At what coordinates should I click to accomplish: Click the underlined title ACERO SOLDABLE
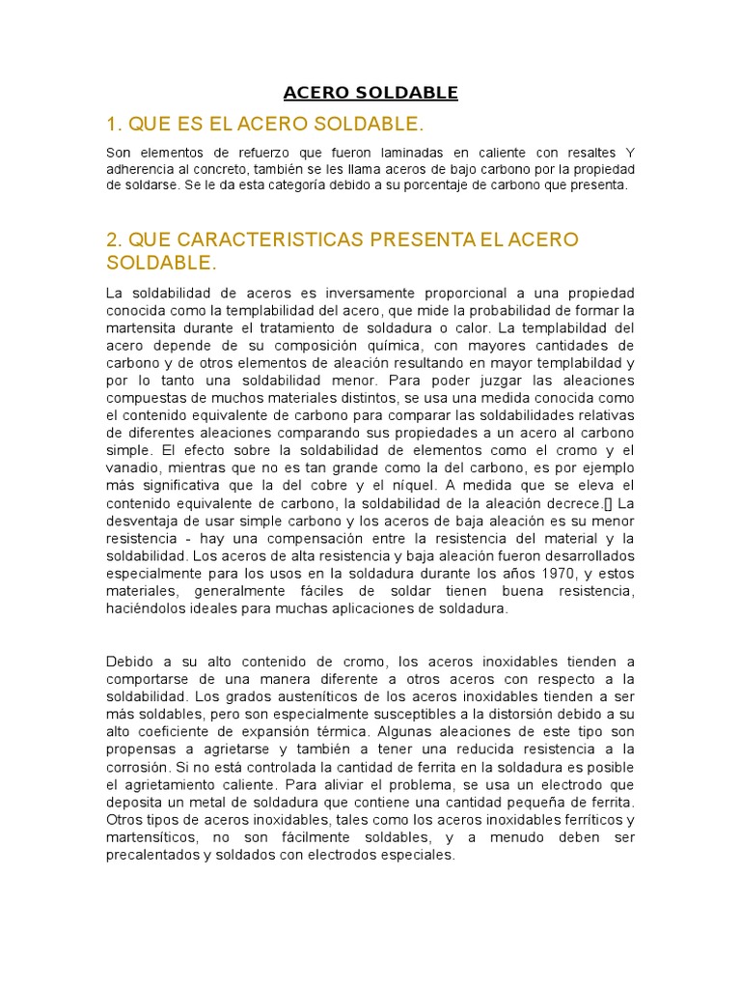[x=370, y=94]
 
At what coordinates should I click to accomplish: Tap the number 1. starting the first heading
[x=115, y=125]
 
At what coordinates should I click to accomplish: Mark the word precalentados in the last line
[x=153, y=855]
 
